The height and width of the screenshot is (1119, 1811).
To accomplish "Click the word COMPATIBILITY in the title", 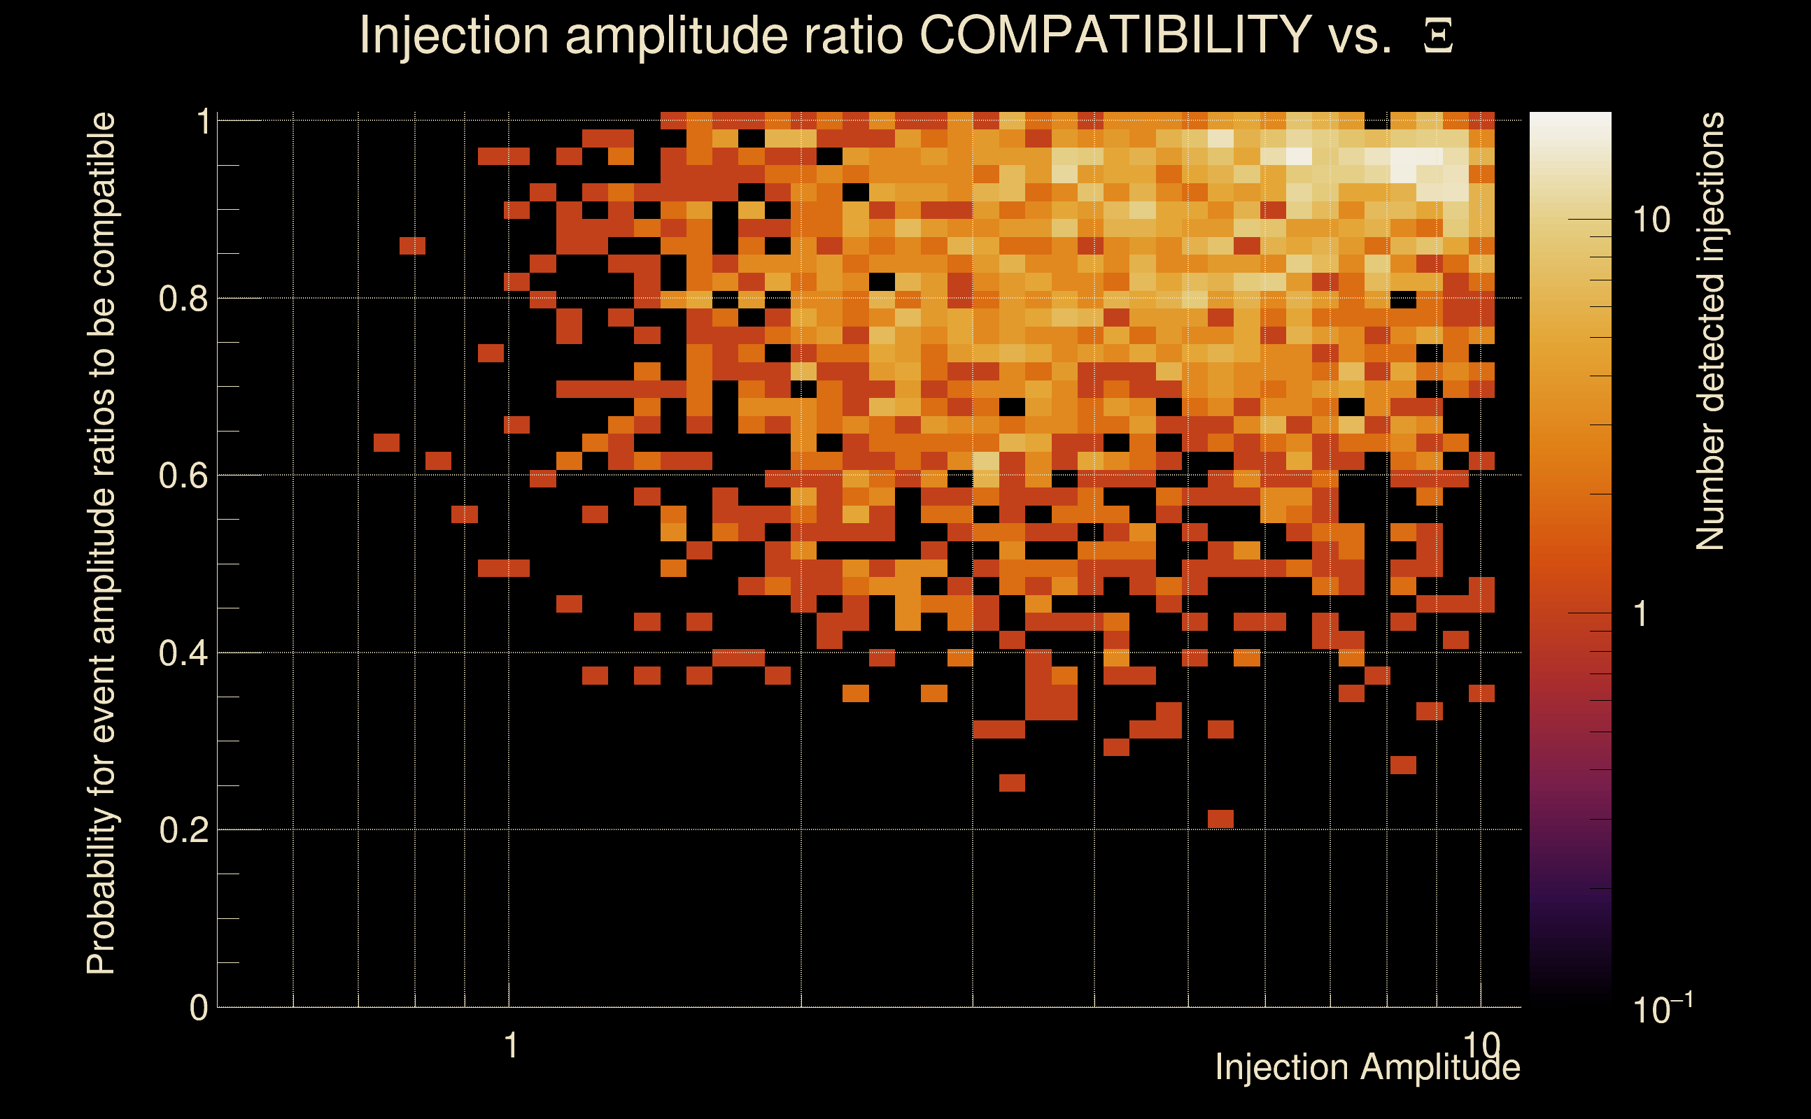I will [x=1115, y=35].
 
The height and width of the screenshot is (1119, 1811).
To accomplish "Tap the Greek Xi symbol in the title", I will [x=1438, y=36].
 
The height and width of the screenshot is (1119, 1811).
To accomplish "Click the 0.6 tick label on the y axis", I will [x=183, y=475].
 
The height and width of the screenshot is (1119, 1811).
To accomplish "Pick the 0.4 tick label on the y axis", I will [x=183, y=653].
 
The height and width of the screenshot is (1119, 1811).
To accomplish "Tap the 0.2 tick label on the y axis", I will [x=183, y=829].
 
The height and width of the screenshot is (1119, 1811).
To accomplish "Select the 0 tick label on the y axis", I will [x=199, y=1007].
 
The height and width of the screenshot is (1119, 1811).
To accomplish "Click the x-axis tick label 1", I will [x=510, y=1046].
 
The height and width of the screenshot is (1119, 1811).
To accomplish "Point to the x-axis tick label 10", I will [x=1481, y=1046].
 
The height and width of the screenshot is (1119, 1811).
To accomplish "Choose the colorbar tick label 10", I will [x=1651, y=220].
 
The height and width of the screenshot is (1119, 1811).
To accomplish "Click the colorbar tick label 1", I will [x=1641, y=613].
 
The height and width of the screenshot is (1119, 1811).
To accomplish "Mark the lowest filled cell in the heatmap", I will [x=1220, y=818].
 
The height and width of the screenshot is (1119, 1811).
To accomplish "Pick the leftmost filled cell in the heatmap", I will [x=386, y=443].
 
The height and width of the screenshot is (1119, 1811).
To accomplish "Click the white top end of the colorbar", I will [x=1570, y=122].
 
